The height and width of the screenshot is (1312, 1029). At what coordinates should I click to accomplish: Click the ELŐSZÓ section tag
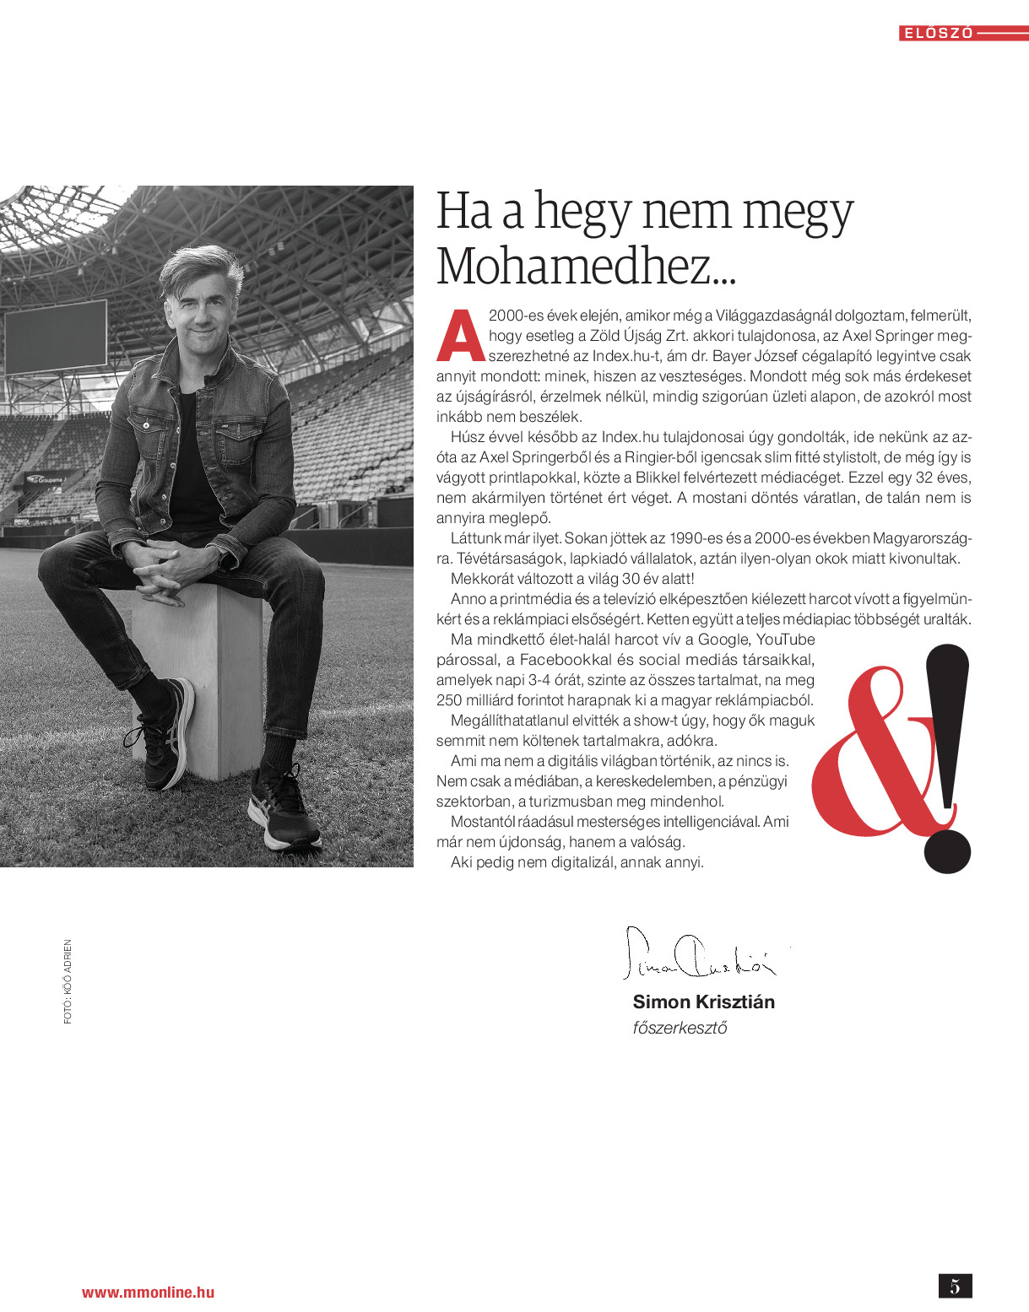tap(938, 34)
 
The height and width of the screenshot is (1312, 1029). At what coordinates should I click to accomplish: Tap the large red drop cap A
tap(460, 336)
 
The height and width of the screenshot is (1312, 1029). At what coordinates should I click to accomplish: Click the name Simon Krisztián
tap(703, 1002)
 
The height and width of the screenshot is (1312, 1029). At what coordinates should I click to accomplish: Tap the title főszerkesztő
tap(680, 1028)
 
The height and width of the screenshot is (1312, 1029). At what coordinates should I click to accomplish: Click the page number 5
tap(955, 1286)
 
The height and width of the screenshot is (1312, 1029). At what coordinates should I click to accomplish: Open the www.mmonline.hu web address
tap(148, 1292)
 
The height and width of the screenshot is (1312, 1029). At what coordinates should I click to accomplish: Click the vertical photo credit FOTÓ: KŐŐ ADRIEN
tap(68, 981)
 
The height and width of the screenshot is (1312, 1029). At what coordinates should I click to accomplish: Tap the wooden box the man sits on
tap(203, 675)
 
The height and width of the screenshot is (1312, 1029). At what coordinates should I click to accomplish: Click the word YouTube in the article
tap(785, 640)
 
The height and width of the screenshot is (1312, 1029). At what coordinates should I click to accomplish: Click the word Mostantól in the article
tap(482, 822)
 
